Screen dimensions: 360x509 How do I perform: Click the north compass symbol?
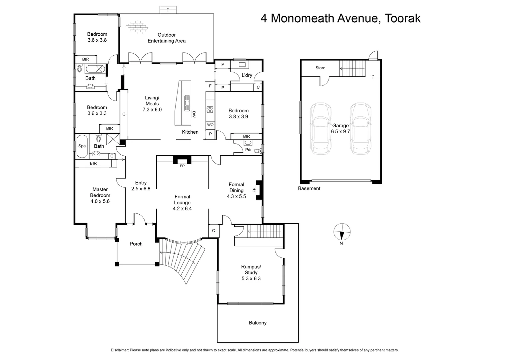click(x=342, y=231)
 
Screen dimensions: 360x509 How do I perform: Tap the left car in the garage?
click(x=320, y=129)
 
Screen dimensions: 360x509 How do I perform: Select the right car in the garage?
click(x=360, y=129)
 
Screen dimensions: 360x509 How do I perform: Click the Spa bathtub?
click(x=82, y=146)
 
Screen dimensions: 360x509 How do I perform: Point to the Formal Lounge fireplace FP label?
click(x=182, y=166)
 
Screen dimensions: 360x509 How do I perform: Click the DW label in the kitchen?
click(x=194, y=114)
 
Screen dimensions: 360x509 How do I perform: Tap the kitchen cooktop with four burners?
click(x=210, y=109)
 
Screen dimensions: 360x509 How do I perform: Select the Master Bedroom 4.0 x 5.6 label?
click(x=100, y=195)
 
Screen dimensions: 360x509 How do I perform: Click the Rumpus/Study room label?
click(x=251, y=272)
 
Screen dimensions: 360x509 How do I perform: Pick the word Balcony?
click(x=257, y=323)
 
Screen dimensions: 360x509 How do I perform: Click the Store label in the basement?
click(x=320, y=68)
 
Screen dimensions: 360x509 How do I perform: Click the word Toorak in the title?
click(x=402, y=18)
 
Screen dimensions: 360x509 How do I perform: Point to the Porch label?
click(x=136, y=244)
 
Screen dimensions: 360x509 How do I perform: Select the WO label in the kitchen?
click(x=210, y=125)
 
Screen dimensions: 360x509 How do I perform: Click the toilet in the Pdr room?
click(x=257, y=151)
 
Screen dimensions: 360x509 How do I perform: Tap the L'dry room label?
click(x=247, y=75)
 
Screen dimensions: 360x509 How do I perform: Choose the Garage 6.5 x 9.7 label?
click(x=340, y=128)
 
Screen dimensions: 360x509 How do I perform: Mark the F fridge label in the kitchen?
click(x=210, y=86)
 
